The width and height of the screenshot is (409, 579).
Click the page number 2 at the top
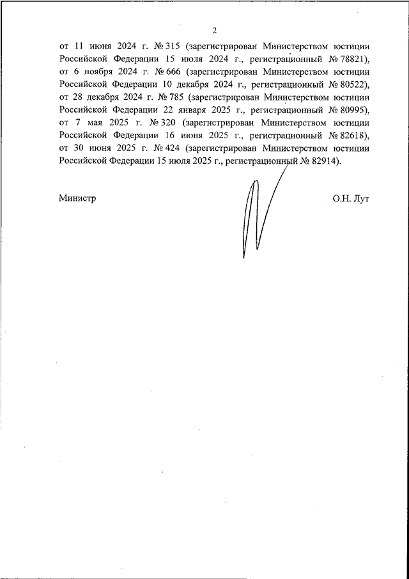coord(215,30)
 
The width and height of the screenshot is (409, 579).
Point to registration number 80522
coord(350,84)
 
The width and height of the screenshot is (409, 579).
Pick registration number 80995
coord(350,110)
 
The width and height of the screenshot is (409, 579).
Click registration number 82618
coord(350,135)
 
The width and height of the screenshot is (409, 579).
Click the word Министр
coord(77,198)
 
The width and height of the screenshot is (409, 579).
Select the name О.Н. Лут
coord(351,198)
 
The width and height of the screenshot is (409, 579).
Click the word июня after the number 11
coord(100,47)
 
